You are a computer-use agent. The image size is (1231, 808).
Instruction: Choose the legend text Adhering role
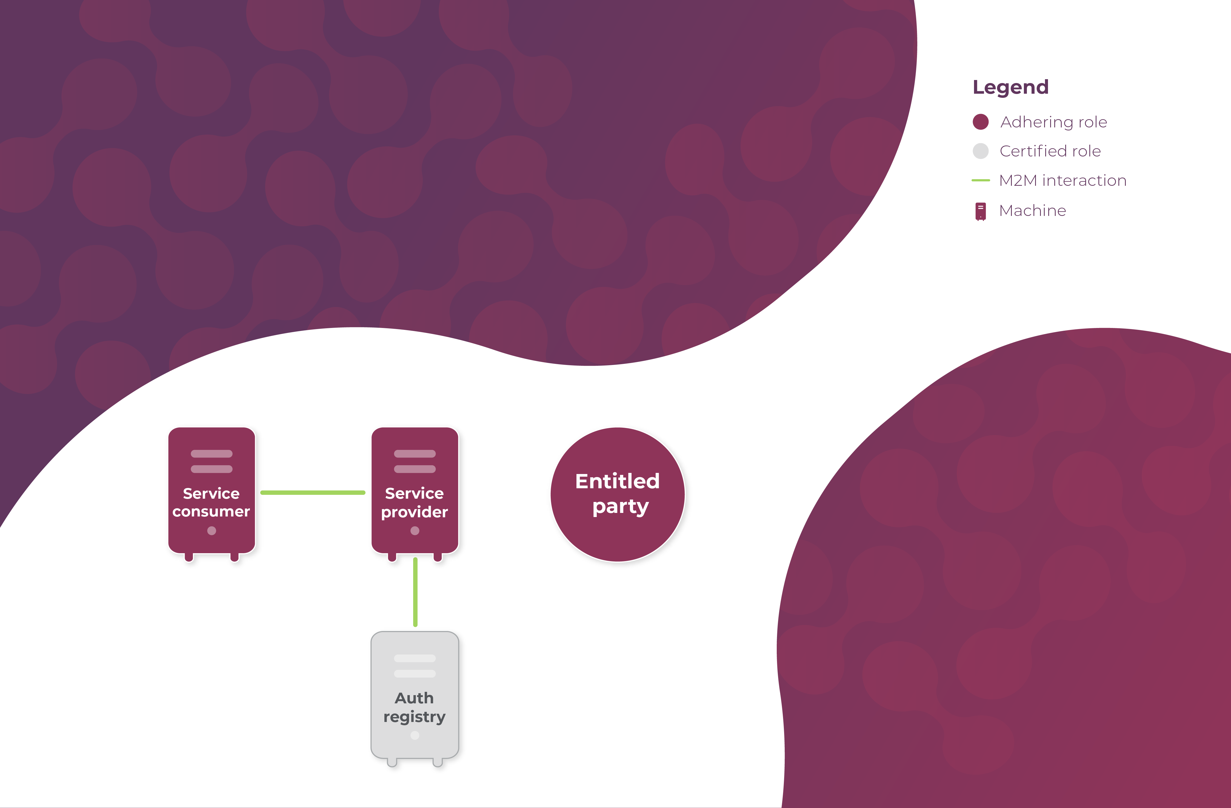(1053, 122)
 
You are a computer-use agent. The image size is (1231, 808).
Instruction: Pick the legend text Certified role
(1050, 151)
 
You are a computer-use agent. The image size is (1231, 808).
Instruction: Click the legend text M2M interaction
(1063, 181)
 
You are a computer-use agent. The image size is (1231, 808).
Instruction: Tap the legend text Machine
(1032, 210)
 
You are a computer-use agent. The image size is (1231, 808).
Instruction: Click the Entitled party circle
(618, 494)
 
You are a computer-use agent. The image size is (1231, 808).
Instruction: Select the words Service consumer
(211, 502)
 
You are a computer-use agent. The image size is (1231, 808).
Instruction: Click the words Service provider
(414, 502)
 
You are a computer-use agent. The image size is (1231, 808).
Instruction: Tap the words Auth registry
(414, 707)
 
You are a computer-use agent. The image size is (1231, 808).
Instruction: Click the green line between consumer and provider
(313, 492)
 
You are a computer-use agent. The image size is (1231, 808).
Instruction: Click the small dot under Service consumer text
(212, 531)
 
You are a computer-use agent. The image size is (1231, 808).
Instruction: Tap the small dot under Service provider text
(415, 531)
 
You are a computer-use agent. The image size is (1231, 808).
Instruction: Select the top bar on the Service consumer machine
(212, 454)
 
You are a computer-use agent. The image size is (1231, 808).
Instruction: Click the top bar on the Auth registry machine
(415, 658)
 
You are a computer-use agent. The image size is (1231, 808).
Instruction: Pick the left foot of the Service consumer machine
(189, 557)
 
